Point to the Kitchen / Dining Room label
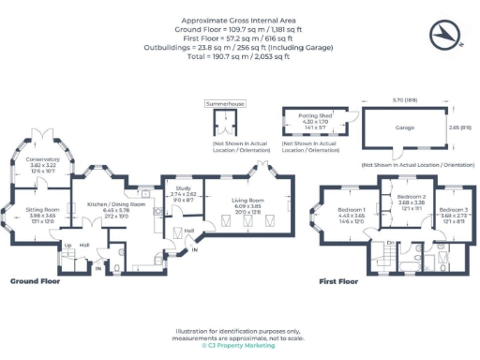click(x=116, y=203)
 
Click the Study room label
click(x=181, y=188)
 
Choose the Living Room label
click(x=248, y=200)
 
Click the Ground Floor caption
click(x=37, y=280)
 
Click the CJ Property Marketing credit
click(x=238, y=346)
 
